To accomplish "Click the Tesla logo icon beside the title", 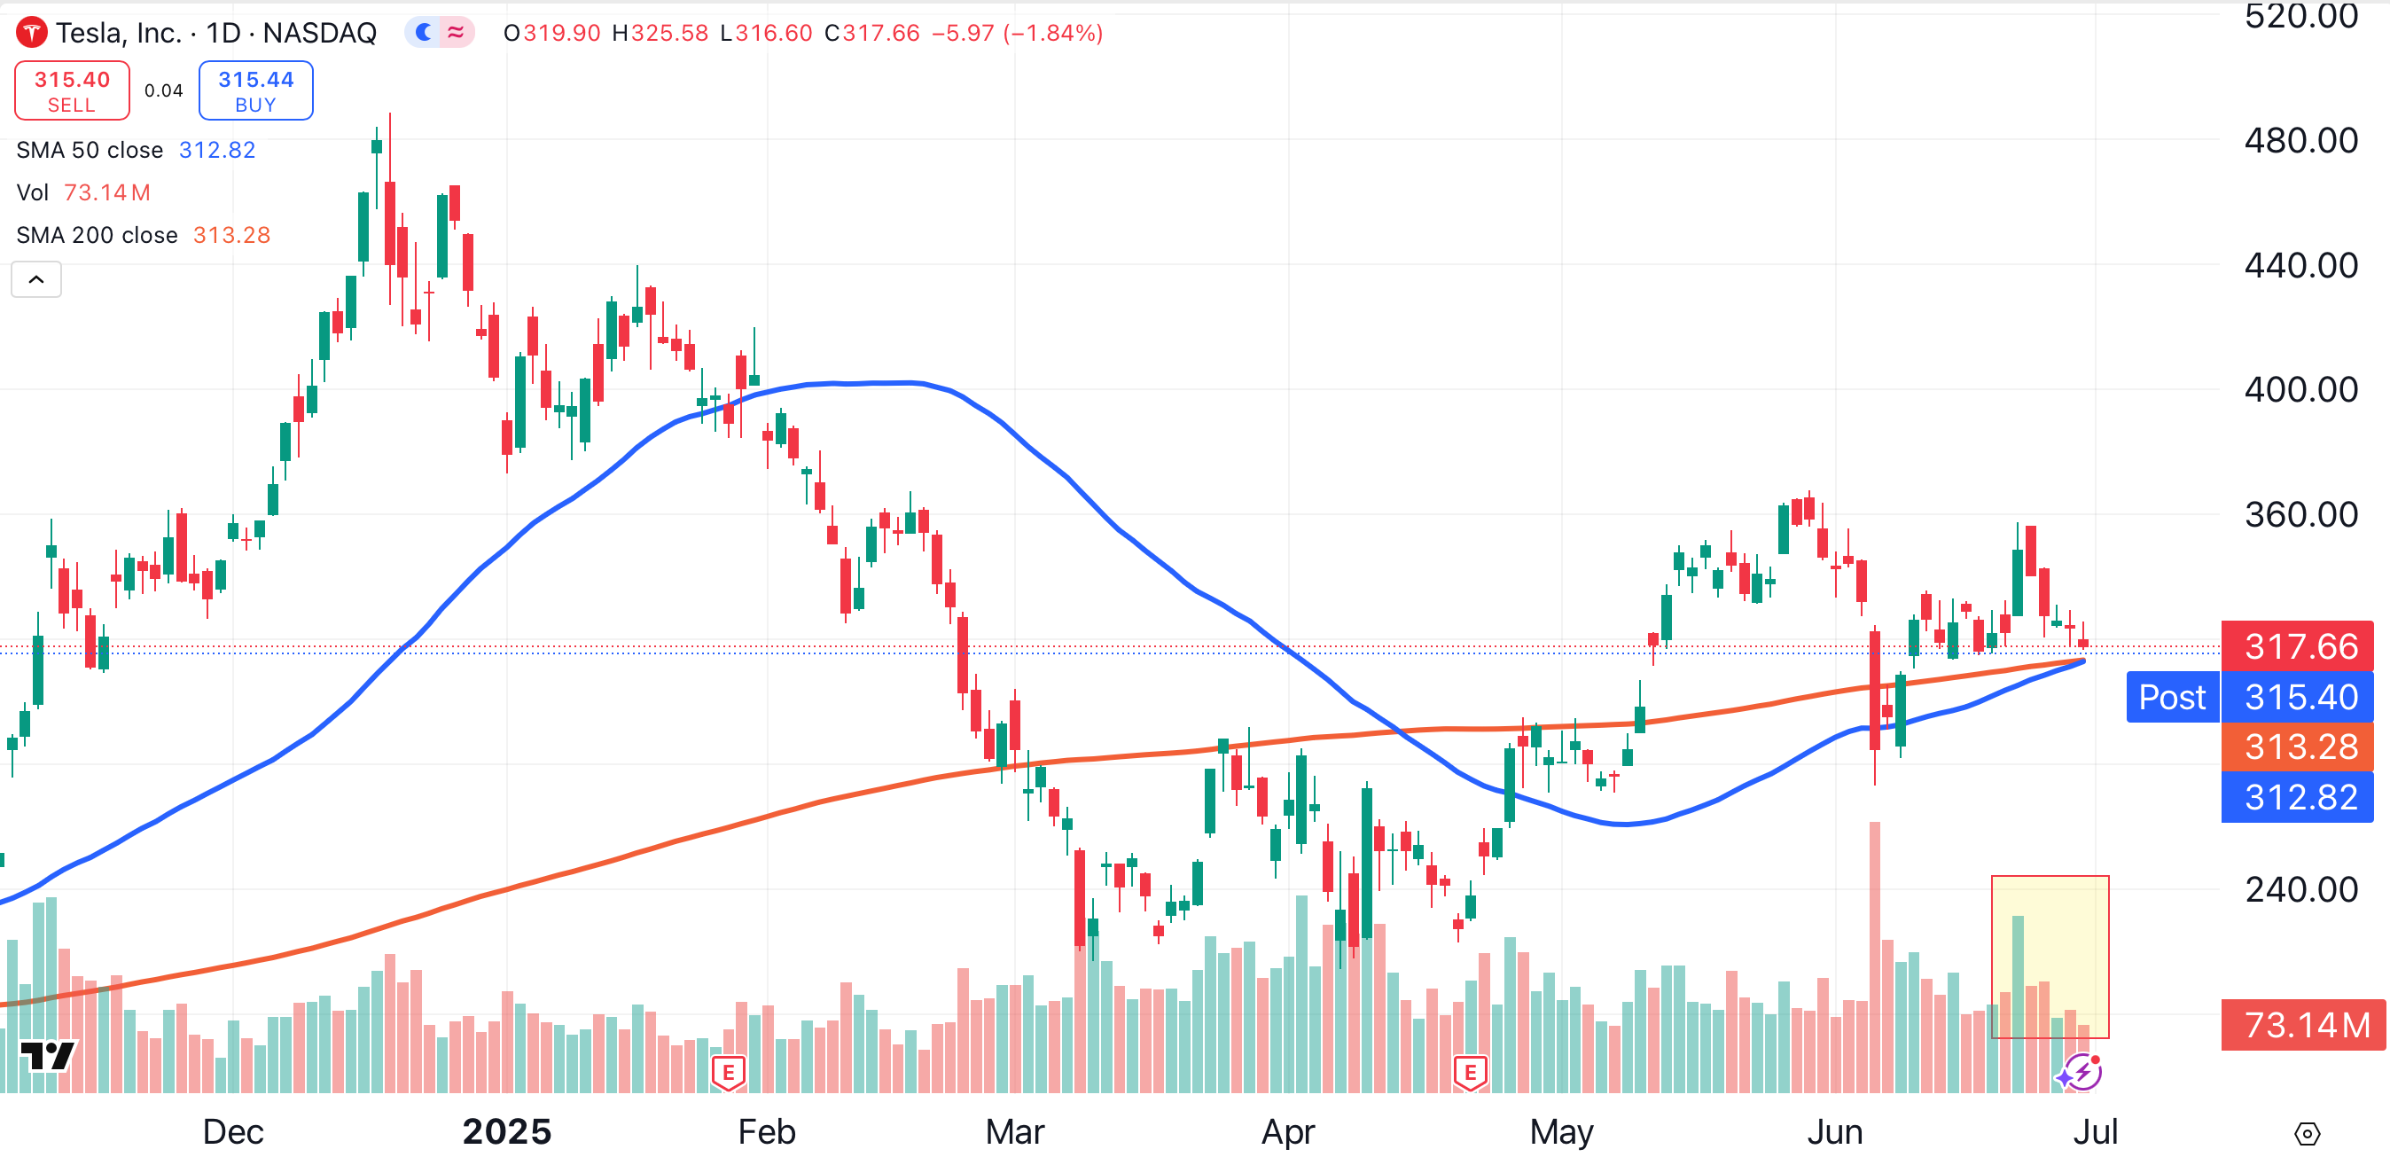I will [x=32, y=34].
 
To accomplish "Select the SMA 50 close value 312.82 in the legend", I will [x=216, y=150].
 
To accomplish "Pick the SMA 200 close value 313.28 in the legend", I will [x=231, y=236].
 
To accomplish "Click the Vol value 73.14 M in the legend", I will [x=106, y=193].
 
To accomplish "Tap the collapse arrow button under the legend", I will [x=36, y=279].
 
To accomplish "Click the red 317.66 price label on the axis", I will [x=2300, y=646].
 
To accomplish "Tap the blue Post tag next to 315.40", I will [x=2171, y=697].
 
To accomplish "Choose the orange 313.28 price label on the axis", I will [x=2300, y=747].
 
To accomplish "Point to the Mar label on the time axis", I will [x=1015, y=1131].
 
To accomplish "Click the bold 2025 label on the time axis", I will [x=506, y=1131].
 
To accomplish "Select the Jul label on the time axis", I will [x=2095, y=1131].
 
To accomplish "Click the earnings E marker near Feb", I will [x=729, y=1073].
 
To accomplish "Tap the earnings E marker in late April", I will [x=1470, y=1073].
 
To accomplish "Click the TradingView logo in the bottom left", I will [x=47, y=1056].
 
